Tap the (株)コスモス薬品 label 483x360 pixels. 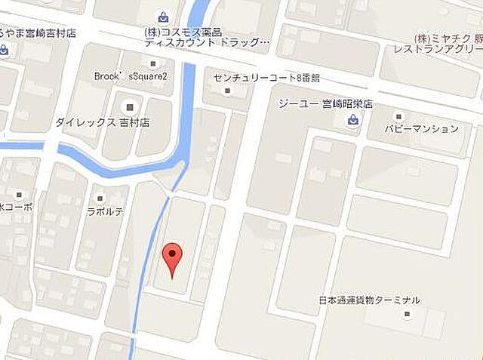[x=183, y=32]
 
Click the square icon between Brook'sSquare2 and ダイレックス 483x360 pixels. [x=129, y=106]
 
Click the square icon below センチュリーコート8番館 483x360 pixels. [x=227, y=91]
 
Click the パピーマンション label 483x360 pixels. [x=420, y=129]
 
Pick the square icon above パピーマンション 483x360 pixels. [x=398, y=116]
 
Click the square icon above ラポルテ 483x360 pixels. [x=100, y=198]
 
